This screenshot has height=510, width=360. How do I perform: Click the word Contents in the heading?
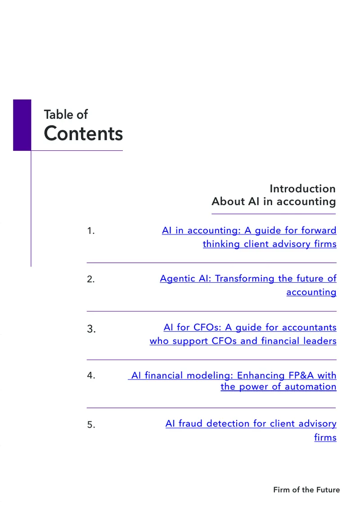pyautogui.click(x=83, y=133)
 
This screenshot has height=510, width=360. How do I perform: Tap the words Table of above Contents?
pyautogui.click(x=66, y=114)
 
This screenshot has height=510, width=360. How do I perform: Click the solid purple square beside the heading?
pyautogui.click(x=22, y=125)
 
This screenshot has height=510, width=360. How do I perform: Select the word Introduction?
pyautogui.click(x=302, y=189)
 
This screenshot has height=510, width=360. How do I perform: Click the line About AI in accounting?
pyautogui.click(x=274, y=202)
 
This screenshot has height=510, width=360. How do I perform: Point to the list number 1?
pyautogui.click(x=91, y=231)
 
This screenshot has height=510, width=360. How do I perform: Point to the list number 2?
pyautogui.click(x=91, y=279)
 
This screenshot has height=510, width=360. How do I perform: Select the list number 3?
pyautogui.click(x=91, y=329)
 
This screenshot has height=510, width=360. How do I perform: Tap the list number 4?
pyautogui.click(x=91, y=376)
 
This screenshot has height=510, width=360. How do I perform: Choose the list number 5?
pyautogui.click(x=91, y=424)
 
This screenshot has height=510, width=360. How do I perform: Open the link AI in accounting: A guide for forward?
pyautogui.click(x=249, y=230)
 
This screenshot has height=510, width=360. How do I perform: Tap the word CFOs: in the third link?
pyautogui.click(x=207, y=327)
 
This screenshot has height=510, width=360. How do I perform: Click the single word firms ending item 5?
pyautogui.click(x=325, y=438)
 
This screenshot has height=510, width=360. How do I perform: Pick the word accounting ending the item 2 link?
pyautogui.click(x=311, y=293)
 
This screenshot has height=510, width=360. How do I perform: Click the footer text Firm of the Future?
pyautogui.click(x=306, y=490)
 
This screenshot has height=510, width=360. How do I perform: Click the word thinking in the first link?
pyautogui.click(x=221, y=244)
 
